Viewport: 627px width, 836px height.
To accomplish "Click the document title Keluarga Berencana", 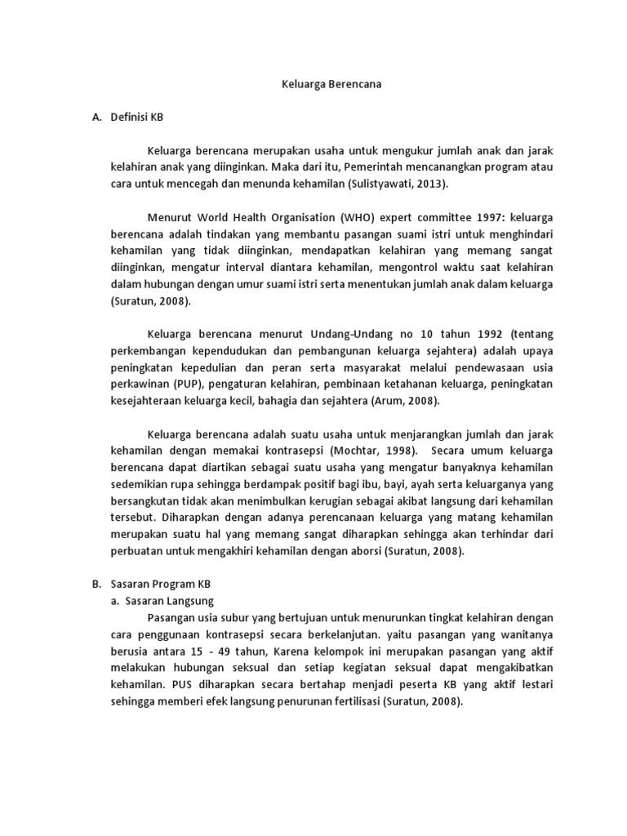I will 313,83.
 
